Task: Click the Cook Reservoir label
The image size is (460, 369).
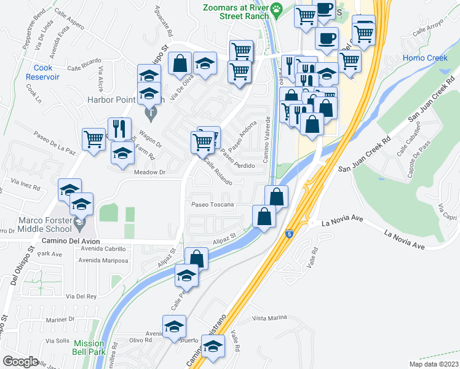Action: click(42, 72)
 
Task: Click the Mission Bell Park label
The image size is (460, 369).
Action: click(89, 348)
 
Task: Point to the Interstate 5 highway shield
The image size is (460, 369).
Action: click(288, 234)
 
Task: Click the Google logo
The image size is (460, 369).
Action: click(20, 361)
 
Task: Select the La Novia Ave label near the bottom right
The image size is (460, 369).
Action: click(404, 239)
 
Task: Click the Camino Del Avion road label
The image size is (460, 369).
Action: click(70, 241)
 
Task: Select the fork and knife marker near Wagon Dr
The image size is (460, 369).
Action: click(119, 129)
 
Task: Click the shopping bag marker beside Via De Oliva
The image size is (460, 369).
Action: click(180, 63)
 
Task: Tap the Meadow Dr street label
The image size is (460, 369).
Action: click(151, 172)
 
